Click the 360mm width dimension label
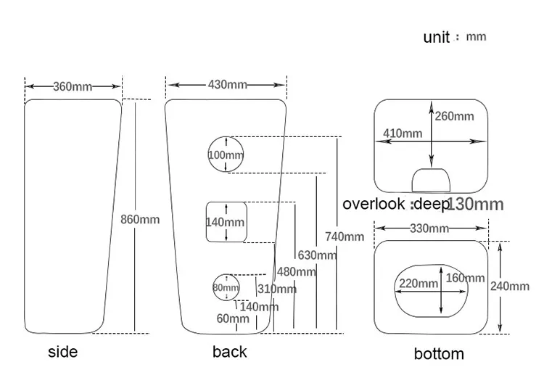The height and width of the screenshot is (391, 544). pyautogui.click(x=73, y=86)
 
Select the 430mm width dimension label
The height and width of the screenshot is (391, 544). pyautogui.click(x=228, y=85)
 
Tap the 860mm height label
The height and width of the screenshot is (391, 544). pyautogui.click(x=140, y=219)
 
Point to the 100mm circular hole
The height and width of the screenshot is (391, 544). pyautogui.click(x=226, y=155)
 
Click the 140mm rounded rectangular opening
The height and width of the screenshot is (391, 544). pyautogui.click(x=226, y=222)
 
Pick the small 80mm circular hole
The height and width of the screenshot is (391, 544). pyautogui.click(x=226, y=287)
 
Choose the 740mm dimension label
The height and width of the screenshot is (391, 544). pyautogui.click(x=345, y=236)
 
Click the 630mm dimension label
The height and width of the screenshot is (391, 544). pyautogui.click(x=317, y=255)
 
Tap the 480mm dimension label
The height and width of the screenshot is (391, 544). pyautogui.click(x=297, y=272)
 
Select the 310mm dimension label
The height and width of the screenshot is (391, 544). pyautogui.click(x=277, y=289)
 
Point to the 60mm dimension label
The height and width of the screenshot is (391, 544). pyautogui.click(x=233, y=318)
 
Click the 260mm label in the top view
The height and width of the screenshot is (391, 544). pyautogui.click(x=455, y=116)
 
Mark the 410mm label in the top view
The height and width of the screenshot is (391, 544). pyautogui.click(x=403, y=133)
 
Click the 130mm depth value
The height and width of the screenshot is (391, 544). pyautogui.click(x=475, y=204)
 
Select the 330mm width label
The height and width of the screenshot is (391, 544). pyautogui.click(x=429, y=229)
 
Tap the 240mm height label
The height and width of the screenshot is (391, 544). pyautogui.click(x=510, y=287)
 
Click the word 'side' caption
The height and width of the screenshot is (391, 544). pyautogui.click(x=62, y=353)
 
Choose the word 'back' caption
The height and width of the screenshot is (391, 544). pyautogui.click(x=230, y=352)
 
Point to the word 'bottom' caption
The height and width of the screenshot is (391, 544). pyautogui.click(x=439, y=354)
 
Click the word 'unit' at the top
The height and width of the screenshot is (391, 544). pyautogui.click(x=437, y=38)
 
